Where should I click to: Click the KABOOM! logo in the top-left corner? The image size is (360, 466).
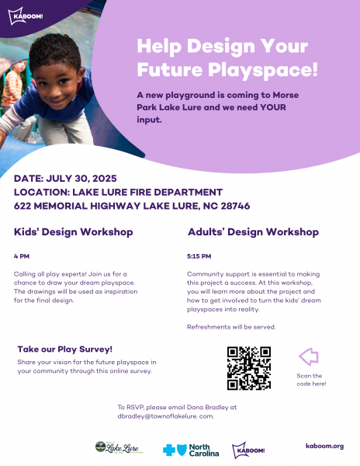[26, 16]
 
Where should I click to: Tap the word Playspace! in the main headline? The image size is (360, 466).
[263, 70]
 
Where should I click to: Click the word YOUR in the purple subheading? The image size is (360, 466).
[273, 107]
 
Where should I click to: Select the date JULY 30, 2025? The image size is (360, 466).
[81, 179]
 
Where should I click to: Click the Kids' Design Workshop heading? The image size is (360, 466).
[73, 232]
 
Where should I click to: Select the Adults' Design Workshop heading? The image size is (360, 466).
[253, 232]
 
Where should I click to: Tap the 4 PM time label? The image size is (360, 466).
[22, 256]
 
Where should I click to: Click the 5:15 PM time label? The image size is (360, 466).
[199, 256]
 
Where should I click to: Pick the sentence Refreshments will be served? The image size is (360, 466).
[231, 327]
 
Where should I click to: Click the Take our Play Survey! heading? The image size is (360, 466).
[64, 349]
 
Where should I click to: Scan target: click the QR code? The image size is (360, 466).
[249, 368]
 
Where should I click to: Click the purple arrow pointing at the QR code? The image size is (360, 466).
[309, 356]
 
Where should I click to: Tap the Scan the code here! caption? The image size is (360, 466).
[311, 380]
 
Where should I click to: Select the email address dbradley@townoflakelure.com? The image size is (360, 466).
[165, 416]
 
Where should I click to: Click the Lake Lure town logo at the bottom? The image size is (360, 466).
[119, 447]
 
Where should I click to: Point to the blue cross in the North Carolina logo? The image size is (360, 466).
[169, 450]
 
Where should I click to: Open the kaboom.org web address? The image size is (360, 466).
[324, 446]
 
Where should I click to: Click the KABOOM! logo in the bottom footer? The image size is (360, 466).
[248, 450]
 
